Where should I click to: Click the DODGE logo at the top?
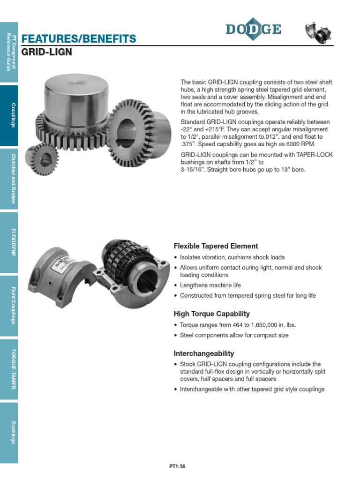[253, 30]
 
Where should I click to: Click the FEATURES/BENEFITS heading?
[79, 38]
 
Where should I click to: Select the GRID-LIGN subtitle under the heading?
[47, 52]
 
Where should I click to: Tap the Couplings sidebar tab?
[9, 115]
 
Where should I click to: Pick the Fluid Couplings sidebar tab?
[9, 306]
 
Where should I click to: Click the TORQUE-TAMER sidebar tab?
[9, 369]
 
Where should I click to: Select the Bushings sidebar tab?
[9, 432]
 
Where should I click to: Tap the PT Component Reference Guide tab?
[9, 52]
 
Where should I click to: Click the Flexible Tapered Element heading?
[216, 246]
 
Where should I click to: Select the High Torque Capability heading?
[211, 314]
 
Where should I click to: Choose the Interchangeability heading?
[204, 353]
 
